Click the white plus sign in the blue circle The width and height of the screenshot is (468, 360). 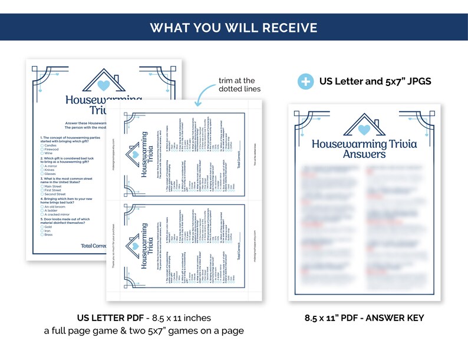[305, 81]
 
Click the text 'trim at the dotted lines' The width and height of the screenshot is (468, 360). [236, 85]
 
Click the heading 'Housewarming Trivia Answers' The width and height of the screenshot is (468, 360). [364, 149]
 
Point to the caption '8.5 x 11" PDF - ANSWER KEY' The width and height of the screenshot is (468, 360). [364, 318]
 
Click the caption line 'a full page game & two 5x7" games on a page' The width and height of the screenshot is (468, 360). [144, 331]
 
